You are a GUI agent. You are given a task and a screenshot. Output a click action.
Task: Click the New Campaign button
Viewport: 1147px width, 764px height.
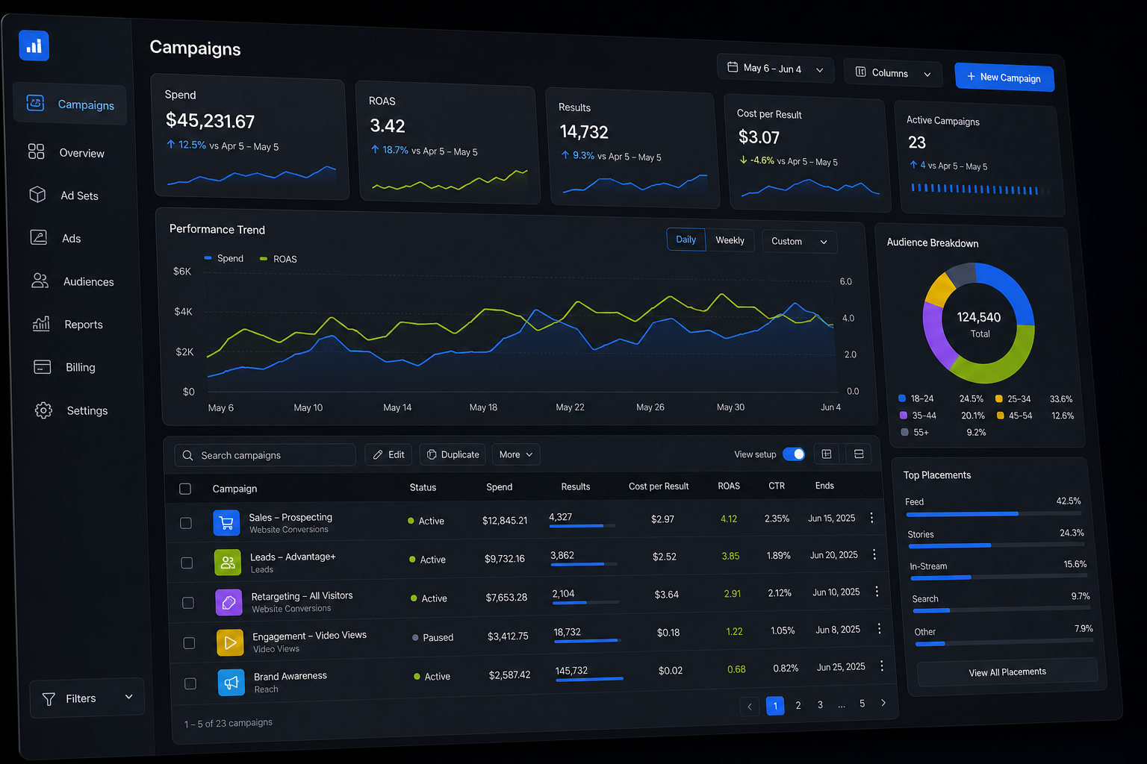(x=1004, y=78)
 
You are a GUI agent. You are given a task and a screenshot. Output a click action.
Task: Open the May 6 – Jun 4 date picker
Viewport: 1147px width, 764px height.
(x=775, y=69)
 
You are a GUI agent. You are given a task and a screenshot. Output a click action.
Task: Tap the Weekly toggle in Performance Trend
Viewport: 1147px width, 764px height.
(x=730, y=240)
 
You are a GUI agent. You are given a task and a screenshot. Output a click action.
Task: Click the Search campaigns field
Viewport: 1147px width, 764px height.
(x=265, y=455)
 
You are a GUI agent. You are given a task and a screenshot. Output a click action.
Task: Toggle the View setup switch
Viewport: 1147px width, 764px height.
(x=794, y=454)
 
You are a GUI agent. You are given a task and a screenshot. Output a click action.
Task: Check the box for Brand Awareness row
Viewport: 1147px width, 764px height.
(x=190, y=683)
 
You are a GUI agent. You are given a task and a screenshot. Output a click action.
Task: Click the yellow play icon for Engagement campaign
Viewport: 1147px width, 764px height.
(x=230, y=642)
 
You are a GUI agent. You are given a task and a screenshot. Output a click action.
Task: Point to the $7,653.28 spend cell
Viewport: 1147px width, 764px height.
(x=506, y=597)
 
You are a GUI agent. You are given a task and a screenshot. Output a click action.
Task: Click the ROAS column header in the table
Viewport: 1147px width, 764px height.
(x=729, y=486)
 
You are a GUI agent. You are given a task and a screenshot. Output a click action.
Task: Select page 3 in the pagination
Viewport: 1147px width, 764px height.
(x=820, y=704)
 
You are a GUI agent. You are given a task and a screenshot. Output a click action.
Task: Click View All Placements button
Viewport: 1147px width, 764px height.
(x=1007, y=672)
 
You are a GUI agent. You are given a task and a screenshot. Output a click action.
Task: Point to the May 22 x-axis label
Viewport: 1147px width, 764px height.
(x=570, y=407)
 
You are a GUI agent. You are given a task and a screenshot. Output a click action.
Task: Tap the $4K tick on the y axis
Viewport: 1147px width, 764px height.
(x=183, y=311)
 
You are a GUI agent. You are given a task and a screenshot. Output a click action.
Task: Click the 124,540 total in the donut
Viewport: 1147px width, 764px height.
(x=978, y=317)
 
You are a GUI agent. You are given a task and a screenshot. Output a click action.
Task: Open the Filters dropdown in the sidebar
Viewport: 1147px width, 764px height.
(x=87, y=698)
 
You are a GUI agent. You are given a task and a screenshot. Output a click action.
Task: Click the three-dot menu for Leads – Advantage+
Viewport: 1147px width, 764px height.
(x=874, y=554)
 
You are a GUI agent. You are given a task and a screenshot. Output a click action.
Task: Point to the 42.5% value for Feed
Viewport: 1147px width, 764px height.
(x=1068, y=501)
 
